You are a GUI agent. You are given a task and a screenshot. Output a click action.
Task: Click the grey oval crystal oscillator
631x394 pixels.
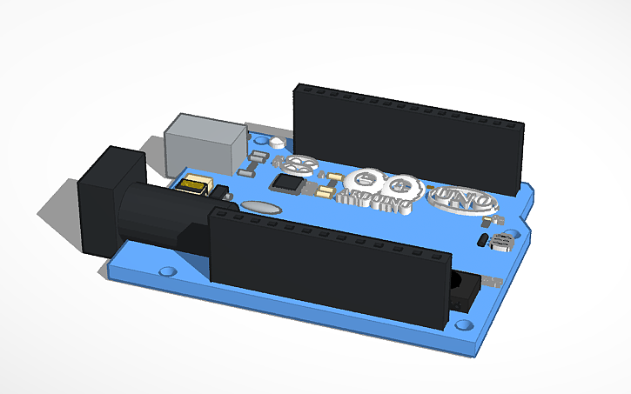259,207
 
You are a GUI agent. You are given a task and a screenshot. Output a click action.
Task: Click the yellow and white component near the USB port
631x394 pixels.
195,184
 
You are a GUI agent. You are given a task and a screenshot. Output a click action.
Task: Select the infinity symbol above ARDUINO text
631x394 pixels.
379,183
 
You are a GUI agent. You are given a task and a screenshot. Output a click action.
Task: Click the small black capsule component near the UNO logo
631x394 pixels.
482,238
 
